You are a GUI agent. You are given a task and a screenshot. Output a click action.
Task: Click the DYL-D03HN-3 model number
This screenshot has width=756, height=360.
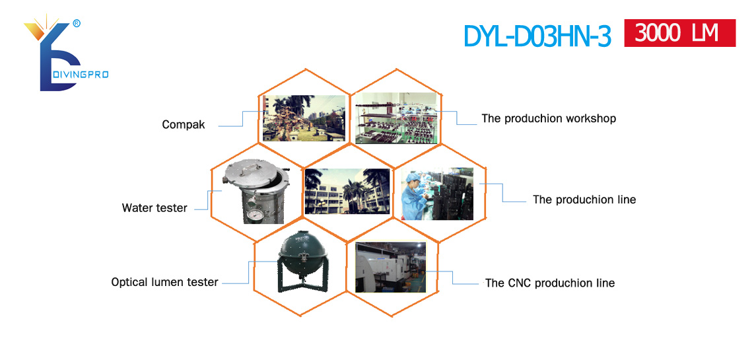[537, 36]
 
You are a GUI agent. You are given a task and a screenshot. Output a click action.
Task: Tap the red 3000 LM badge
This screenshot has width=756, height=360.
[680, 33]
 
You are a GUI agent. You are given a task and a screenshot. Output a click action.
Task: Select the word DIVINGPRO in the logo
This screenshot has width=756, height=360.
[80, 74]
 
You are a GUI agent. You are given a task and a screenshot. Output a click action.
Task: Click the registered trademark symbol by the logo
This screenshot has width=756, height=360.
[76, 22]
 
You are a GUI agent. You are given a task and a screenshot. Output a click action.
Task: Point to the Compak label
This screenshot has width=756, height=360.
[183, 125]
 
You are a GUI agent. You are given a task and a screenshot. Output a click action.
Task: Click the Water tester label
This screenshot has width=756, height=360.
[155, 208]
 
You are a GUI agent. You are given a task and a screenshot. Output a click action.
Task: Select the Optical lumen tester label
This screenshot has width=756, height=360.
[165, 282]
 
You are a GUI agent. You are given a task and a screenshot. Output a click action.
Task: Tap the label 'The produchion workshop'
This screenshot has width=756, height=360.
[549, 118]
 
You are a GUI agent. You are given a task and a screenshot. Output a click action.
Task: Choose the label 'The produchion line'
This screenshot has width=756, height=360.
[584, 199]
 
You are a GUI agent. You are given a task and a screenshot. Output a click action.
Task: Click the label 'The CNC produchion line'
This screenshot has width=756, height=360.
[550, 283]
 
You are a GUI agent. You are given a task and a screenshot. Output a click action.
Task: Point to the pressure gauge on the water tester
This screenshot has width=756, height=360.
[253, 214]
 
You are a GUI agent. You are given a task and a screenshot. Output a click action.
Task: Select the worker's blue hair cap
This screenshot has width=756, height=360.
[411, 178]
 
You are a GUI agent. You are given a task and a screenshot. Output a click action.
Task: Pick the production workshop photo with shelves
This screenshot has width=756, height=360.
[396, 118]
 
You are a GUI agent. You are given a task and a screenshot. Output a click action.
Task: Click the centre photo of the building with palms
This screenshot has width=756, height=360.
[347, 191]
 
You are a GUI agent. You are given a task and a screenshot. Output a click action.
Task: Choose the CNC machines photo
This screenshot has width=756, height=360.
[390, 268]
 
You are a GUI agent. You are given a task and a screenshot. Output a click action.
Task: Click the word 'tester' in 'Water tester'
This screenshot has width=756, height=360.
[172, 208]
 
